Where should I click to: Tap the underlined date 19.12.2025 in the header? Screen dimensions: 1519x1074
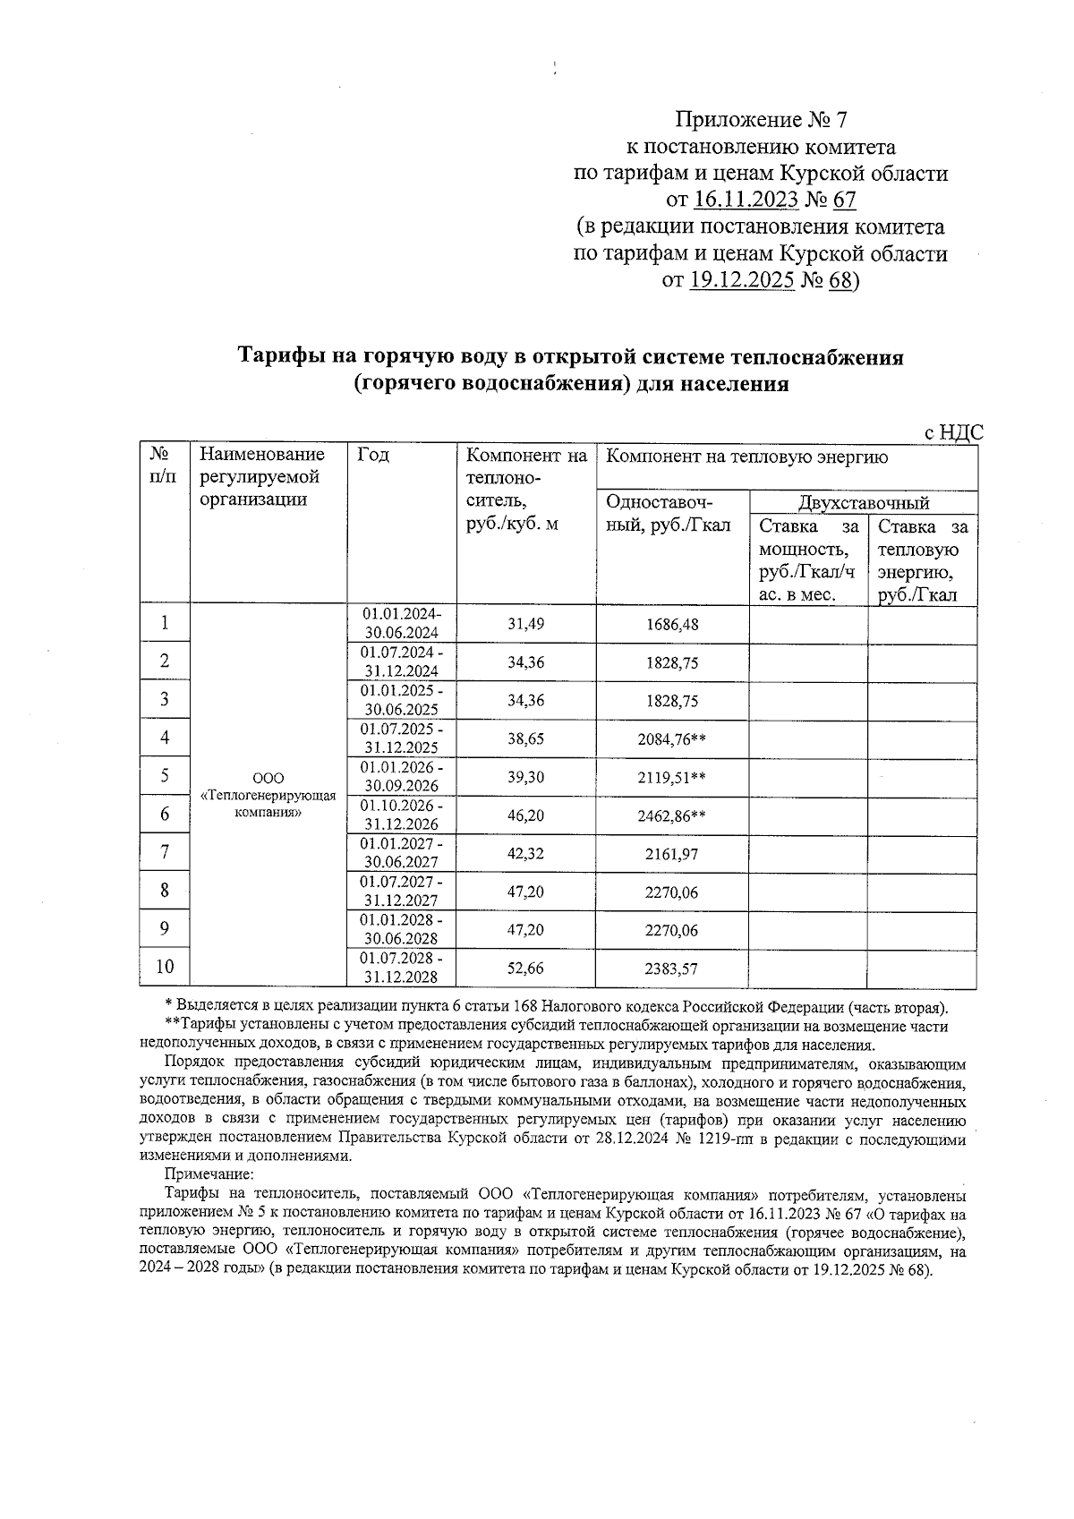(742, 281)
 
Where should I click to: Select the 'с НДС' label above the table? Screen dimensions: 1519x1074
(953, 433)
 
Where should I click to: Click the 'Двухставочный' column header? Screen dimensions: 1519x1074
(863, 502)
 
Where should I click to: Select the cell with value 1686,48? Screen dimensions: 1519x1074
(671, 624)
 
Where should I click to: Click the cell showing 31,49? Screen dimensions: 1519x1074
(525, 624)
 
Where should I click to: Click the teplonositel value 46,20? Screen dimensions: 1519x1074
(525, 815)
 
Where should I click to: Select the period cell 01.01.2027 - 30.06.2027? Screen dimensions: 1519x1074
(401, 853)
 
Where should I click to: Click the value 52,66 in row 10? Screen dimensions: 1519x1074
(525, 968)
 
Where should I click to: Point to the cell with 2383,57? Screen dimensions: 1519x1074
(671, 968)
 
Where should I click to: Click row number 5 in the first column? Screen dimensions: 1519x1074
(165, 776)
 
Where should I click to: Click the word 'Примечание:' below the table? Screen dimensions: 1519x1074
(209, 1173)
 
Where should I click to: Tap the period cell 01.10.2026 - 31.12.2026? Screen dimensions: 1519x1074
(401, 815)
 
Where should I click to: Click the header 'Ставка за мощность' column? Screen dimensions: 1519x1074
(807, 560)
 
